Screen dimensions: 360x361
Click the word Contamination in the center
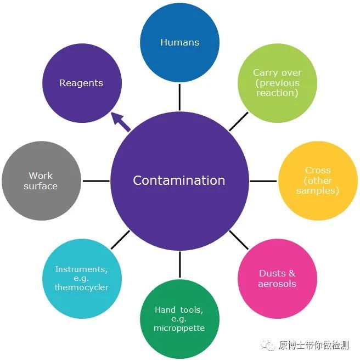click(179, 180)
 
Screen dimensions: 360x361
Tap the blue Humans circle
click(179, 42)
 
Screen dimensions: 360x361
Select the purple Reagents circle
click(82, 83)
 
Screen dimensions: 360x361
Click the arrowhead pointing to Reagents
click(116, 117)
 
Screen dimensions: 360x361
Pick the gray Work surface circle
click(42, 180)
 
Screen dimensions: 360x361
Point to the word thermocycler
click(82, 287)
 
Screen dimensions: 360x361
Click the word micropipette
click(179, 328)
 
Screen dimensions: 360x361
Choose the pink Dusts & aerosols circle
click(277, 279)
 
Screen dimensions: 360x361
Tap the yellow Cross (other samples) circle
click(318, 180)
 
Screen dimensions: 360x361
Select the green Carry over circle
click(277, 83)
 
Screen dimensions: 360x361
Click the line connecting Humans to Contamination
click(179, 97)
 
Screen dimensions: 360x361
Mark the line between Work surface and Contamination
click(96, 181)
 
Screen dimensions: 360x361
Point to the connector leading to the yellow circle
click(263, 181)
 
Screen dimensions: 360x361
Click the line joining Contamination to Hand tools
click(179, 264)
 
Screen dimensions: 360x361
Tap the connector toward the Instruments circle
click(121, 240)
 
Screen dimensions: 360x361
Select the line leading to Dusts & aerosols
click(239, 240)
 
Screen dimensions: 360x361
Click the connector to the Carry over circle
click(239, 122)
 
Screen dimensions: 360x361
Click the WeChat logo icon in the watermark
click(268, 345)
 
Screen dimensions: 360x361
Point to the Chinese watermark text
click(313, 345)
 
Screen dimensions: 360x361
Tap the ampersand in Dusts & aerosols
click(291, 273)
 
